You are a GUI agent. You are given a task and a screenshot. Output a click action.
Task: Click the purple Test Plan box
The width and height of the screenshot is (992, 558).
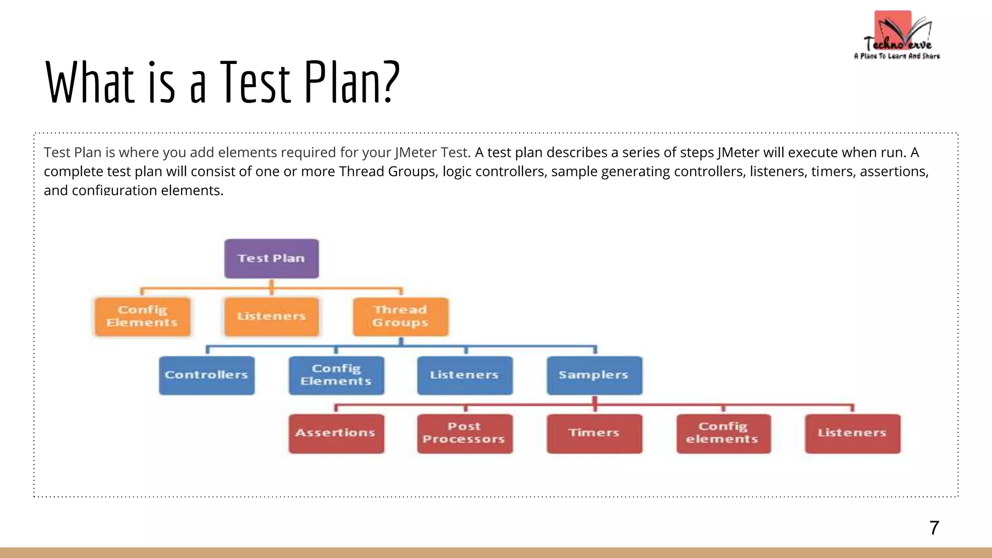click(x=271, y=258)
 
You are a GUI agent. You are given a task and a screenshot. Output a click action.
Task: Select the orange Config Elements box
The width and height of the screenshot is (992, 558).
click(x=142, y=316)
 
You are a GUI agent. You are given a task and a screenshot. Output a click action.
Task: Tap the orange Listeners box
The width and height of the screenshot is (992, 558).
click(x=271, y=316)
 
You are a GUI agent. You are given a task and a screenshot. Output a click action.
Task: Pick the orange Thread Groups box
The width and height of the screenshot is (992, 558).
click(x=401, y=316)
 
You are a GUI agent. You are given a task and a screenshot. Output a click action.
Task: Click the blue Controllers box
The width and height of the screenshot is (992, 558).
click(x=207, y=375)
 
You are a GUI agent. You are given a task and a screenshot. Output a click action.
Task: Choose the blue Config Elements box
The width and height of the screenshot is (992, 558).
click(x=336, y=375)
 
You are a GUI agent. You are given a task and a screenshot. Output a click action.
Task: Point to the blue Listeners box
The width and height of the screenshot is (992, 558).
click(x=465, y=375)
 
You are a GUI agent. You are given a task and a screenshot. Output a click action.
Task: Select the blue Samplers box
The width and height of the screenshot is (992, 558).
click(x=594, y=375)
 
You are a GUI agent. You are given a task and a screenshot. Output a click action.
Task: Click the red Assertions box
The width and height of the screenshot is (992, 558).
click(x=336, y=434)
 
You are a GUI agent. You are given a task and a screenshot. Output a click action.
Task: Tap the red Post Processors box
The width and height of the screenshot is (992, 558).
click(x=465, y=434)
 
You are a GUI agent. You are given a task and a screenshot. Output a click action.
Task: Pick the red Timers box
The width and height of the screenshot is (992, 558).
click(x=594, y=434)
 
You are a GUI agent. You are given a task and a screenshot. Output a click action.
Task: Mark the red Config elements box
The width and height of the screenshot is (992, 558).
click(x=723, y=434)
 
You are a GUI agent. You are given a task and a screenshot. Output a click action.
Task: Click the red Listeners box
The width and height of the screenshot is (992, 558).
click(x=852, y=434)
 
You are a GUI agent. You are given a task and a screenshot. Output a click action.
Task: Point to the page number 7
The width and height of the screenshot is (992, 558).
click(x=934, y=527)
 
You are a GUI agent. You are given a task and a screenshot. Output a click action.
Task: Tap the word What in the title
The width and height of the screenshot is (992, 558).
click(x=90, y=82)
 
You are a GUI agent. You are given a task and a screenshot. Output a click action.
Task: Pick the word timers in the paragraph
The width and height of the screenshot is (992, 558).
click(x=830, y=171)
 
